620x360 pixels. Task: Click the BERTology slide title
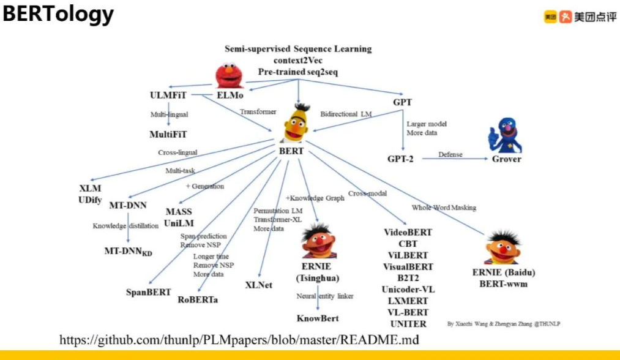tap(58, 14)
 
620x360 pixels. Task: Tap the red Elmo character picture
tap(230, 76)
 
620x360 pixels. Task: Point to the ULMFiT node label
tap(168, 96)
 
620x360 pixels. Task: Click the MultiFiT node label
tap(168, 134)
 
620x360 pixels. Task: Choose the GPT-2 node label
tap(402, 159)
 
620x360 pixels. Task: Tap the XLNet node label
tap(259, 285)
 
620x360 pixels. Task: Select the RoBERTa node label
tap(198, 299)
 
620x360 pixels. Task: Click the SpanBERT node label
tap(149, 291)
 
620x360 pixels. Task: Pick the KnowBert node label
tap(318, 318)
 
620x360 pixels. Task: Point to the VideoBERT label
tap(408, 232)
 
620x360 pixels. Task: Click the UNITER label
tap(408, 324)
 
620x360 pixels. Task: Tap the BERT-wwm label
tap(504, 284)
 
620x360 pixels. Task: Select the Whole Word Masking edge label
tap(444, 208)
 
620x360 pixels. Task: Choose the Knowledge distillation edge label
tap(125, 226)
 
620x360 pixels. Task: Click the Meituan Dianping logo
tap(580, 17)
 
